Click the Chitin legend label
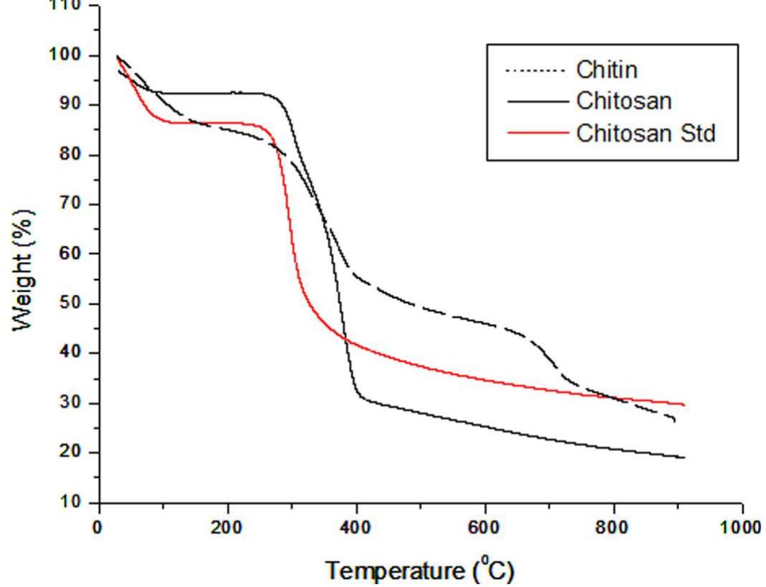(x=606, y=70)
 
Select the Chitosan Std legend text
(x=645, y=133)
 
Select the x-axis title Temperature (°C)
(x=421, y=570)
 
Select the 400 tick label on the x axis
(x=356, y=527)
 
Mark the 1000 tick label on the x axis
(x=741, y=527)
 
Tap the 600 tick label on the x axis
(x=485, y=527)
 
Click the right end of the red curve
(x=684, y=405)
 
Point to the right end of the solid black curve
(x=684, y=458)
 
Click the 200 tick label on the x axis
(x=228, y=527)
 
